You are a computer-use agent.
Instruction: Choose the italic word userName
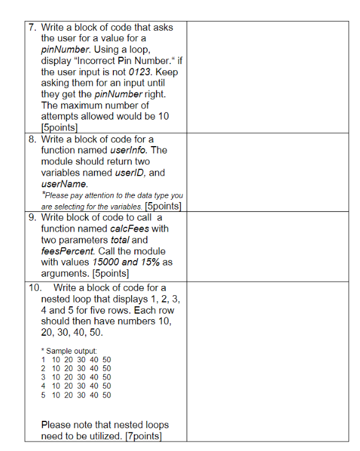click(60, 184)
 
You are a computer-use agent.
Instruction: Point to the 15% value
click(150, 262)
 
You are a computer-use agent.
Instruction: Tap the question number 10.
click(36, 288)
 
